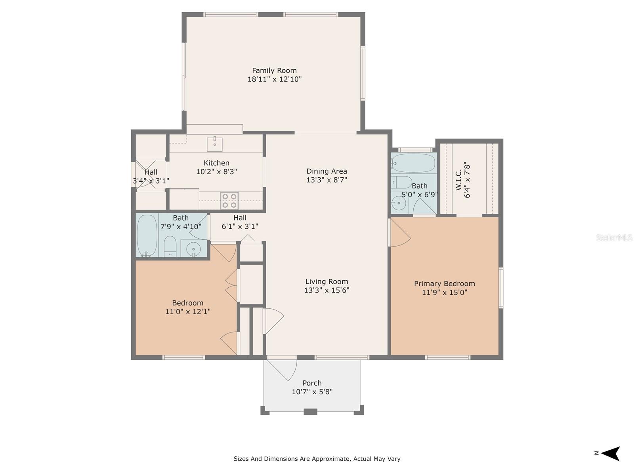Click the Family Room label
[x=274, y=70]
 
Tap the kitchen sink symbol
[x=214, y=144]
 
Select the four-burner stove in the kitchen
[x=229, y=200]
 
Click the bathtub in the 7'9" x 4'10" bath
[x=147, y=236]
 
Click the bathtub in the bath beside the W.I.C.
[x=413, y=163]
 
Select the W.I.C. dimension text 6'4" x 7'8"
[x=468, y=181]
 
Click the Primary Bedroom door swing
[x=399, y=234]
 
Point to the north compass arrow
[x=610, y=453]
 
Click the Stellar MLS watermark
[x=614, y=238]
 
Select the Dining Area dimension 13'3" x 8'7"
[x=327, y=180]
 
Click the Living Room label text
[x=327, y=281]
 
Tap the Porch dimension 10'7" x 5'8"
[x=312, y=392]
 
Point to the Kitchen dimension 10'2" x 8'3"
[x=216, y=171]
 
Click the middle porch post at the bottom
[x=310, y=412]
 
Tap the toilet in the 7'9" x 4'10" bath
[x=170, y=246]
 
